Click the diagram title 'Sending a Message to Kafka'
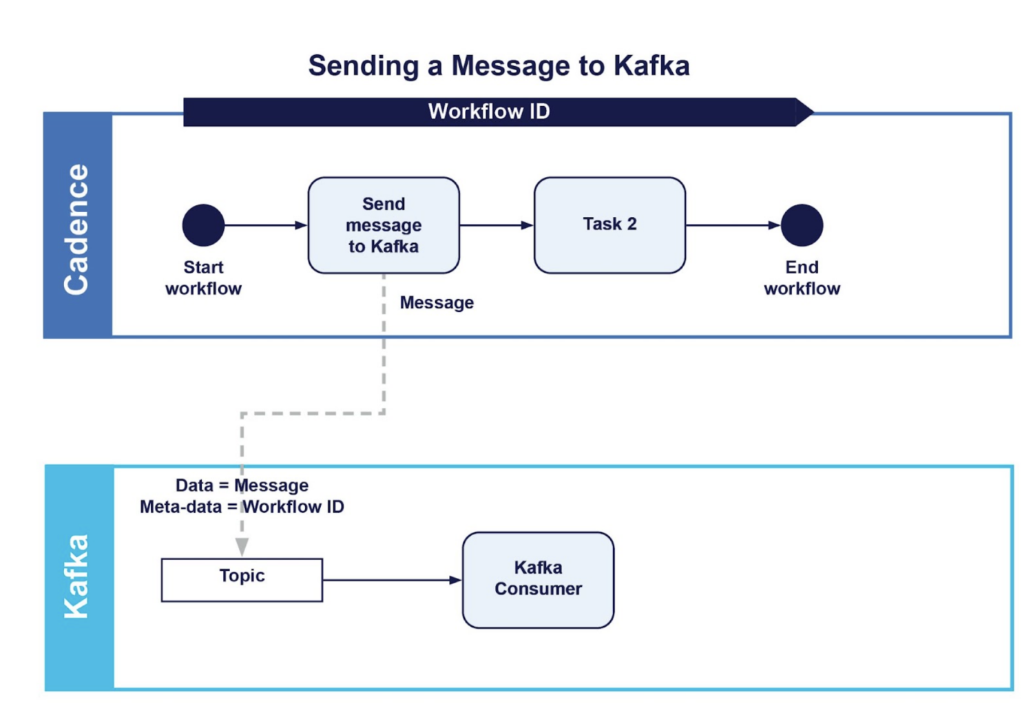point(499,66)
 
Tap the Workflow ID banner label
point(489,112)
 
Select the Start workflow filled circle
point(203,225)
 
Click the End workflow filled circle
point(802,225)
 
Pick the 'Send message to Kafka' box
point(384,225)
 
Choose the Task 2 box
point(609,225)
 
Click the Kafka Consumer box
point(538,579)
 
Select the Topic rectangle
point(242,579)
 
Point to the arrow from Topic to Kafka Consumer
point(392,580)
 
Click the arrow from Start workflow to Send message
point(266,225)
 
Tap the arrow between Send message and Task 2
point(497,225)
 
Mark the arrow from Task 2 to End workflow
point(733,225)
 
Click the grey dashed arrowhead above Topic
point(242,547)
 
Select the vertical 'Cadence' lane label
point(76,229)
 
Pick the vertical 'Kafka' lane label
point(76,576)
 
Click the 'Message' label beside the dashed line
point(437,303)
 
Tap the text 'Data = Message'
point(242,486)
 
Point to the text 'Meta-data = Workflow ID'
point(242,507)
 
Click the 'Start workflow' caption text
point(203,278)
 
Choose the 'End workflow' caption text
point(802,278)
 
